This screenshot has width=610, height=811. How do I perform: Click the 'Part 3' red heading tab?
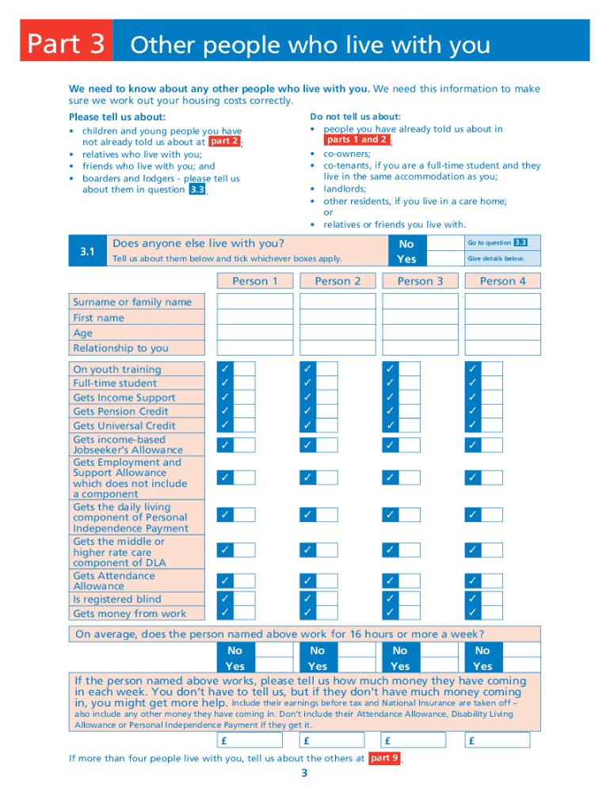[x=67, y=44]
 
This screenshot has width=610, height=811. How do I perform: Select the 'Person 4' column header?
[x=502, y=281]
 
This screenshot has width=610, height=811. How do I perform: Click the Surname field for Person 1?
[x=254, y=301]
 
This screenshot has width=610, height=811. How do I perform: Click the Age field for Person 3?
[x=420, y=333]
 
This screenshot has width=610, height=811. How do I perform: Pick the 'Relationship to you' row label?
[x=120, y=348]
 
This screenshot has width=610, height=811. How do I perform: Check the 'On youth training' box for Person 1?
[x=244, y=369]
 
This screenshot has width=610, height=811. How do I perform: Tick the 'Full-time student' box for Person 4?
[x=492, y=383]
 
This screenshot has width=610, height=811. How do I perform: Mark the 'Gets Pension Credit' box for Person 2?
[x=327, y=411]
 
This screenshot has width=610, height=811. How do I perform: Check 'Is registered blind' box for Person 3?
[x=410, y=599]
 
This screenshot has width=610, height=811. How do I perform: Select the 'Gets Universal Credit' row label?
[x=124, y=425]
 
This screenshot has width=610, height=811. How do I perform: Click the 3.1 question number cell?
[x=87, y=252]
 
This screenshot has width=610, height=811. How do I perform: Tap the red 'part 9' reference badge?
[x=384, y=758]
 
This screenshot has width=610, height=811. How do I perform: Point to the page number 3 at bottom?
[x=304, y=774]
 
